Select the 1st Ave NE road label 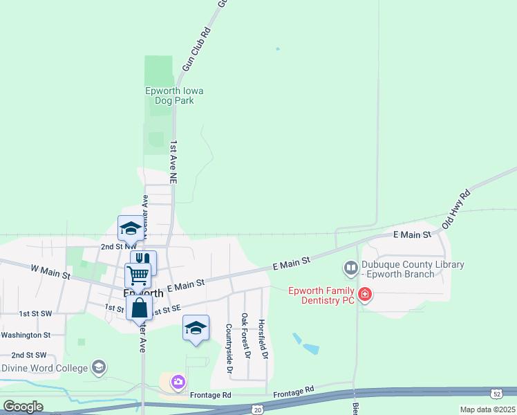(174, 162)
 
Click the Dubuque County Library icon (351, 267)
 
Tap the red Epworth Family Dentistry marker (364, 295)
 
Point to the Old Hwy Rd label (456, 208)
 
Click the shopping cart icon (138, 275)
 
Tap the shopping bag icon (139, 306)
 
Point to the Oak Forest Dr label (245, 336)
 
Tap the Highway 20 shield (256, 409)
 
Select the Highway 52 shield (497, 394)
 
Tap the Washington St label (26, 335)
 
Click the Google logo (23, 407)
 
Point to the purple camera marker (178, 381)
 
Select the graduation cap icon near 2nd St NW (130, 227)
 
